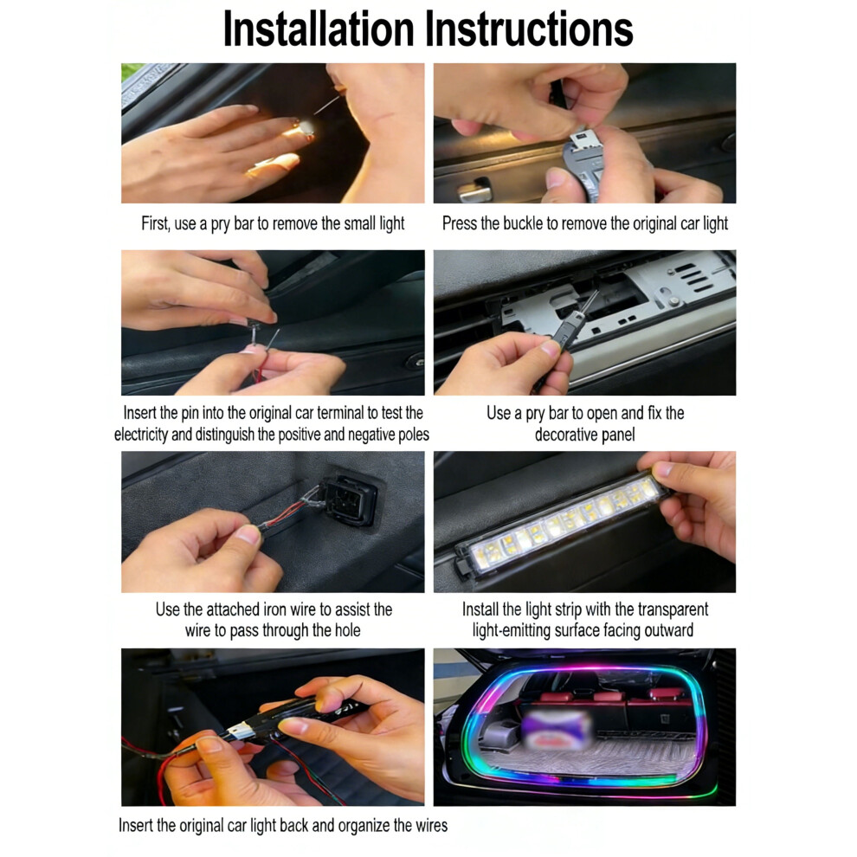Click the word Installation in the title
click(319, 29)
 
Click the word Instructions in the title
click(529, 29)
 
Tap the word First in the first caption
click(155, 223)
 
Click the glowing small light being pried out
click(305, 128)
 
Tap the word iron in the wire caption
click(275, 609)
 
